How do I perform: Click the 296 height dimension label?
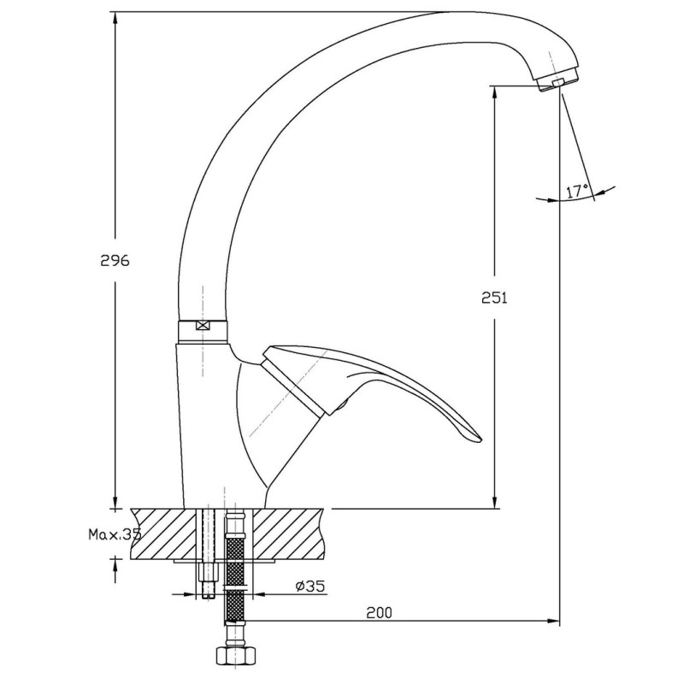pyautogui.click(x=115, y=261)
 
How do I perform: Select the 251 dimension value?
pyautogui.click(x=494, y=298)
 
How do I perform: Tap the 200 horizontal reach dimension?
pyautogui.click(x=379, y=613)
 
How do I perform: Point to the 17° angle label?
pyautogui.click(x=577, y=191)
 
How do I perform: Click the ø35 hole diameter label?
pyautogui.click(x=310, y=587)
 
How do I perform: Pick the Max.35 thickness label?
pyautogui.click(x=115, y=534)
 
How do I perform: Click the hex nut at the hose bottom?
pyautogui.click(x=235, y=655)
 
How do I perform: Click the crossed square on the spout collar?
pyautogui.click(x=203, y=326)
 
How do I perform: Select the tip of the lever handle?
pyautogui.click(x=480, y=441)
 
